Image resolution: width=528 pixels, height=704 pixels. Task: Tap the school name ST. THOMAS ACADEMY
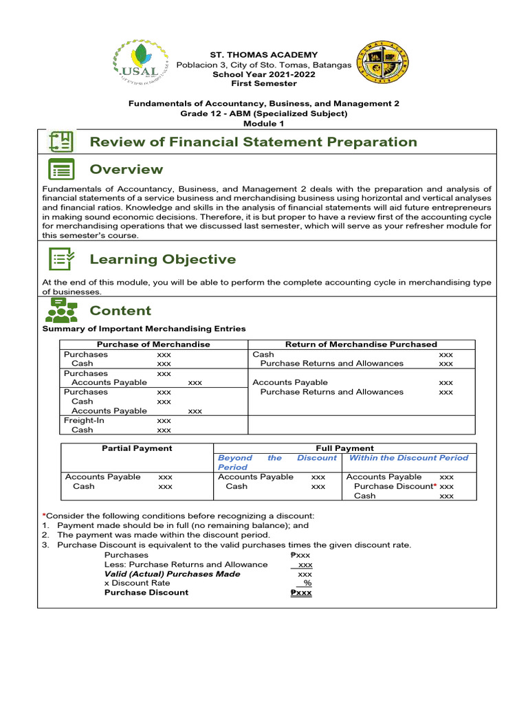pyautogui.click(x=265, y=55)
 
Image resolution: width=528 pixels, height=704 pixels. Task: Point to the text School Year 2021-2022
pyautogui.click(x=265, y=74)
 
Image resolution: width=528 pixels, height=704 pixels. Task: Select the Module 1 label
pyautogui.click(x=265, y=123)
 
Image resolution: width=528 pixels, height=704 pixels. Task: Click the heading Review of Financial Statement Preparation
pyautogui.click(x=254, y=142)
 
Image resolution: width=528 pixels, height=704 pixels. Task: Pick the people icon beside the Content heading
pyautogui.click(x=61, y=311)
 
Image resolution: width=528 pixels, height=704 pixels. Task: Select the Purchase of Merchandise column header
pyautogui.click(x=153, y=344)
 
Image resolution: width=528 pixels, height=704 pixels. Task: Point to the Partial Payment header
pyautogui.click(x=137, y=448)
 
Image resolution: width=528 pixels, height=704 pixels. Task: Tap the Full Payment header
pyautogui.click(x=344, y=448)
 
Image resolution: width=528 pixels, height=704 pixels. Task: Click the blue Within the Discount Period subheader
pyautogui.click(x=408, y=458)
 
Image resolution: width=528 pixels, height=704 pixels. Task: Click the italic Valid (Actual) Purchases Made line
pyautogui.click(x=172, y=573)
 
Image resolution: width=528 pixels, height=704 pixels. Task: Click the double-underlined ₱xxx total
pyautogui.click(x=301, y=593)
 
